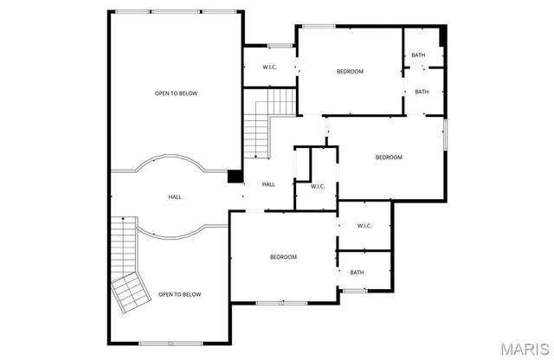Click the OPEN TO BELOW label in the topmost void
pos(177,93)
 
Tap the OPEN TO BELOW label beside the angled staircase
pos(179,295)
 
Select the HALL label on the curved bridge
pos(175,198)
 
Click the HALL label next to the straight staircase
pos(268,184)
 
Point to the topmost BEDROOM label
pos(350,71)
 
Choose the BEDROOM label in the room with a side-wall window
pos(389,157)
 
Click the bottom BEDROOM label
pos(283,257)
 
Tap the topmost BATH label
pos(419,55)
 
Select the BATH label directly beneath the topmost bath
pos(422,92)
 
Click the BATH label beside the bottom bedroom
pos(358,273)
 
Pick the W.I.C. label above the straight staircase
pos(269,67)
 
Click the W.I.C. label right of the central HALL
pos(318,186)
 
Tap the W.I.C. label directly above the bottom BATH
pos(364,227)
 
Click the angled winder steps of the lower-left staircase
pos(130,292)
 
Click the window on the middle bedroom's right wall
pos(445,138)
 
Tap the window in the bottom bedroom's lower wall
pos(281,302)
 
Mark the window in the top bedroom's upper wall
pos(318,26)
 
